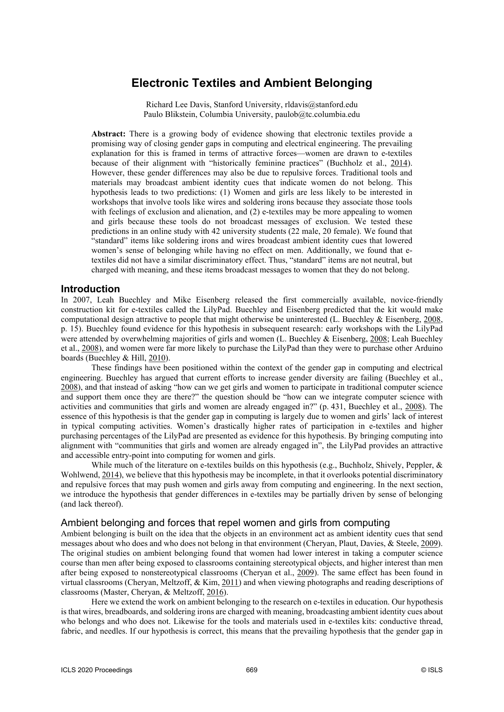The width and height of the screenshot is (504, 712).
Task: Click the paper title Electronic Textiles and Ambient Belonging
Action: pos(252,83)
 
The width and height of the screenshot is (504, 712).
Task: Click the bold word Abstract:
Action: pos(108,134)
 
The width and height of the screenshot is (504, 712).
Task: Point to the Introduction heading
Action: pos(90,289)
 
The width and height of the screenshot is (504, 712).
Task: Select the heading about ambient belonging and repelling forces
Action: pos(225,522)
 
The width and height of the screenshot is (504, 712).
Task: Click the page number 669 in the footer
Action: pos(252,670)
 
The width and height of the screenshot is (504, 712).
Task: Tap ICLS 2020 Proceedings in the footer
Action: pos(97,670)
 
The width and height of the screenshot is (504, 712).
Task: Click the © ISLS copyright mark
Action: pos(432,670)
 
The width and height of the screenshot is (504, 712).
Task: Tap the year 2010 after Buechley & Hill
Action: pos(157,358)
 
